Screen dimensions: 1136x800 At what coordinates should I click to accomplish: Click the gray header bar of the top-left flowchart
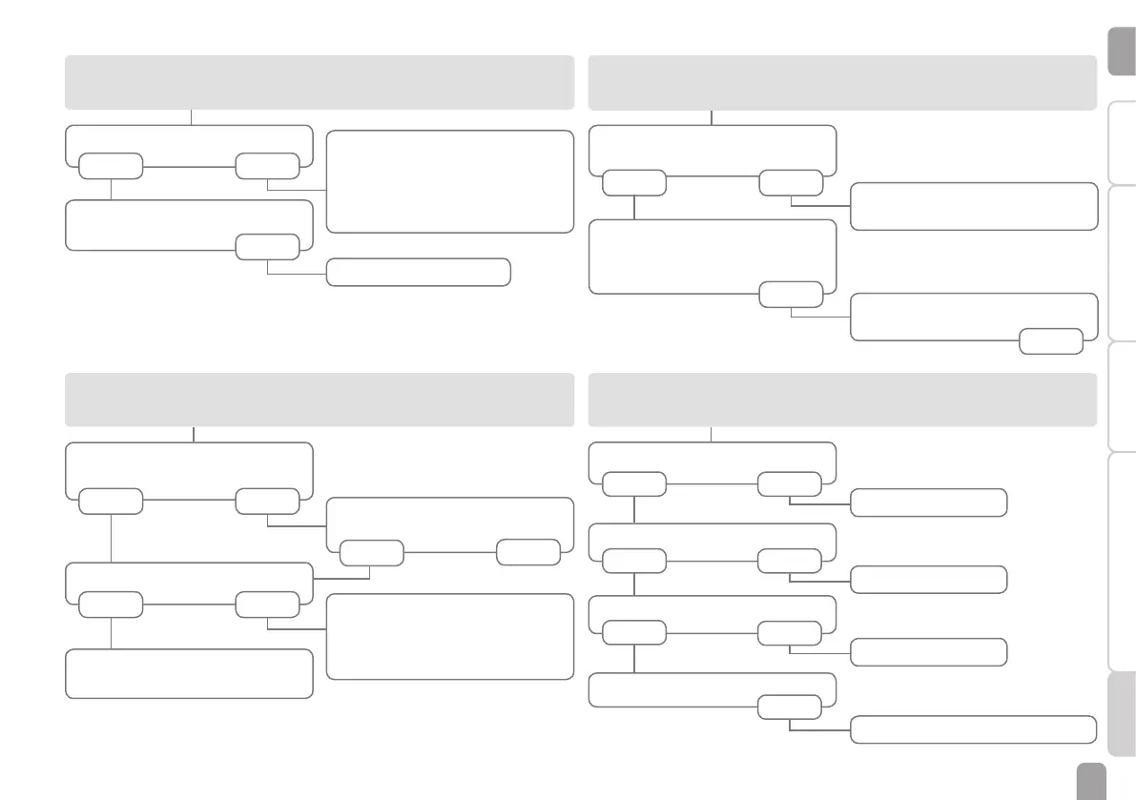click(320, 82)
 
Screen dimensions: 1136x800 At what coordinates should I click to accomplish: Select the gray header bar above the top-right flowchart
click(842, 82)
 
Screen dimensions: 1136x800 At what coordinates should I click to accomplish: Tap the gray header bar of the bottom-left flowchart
click(320, 400)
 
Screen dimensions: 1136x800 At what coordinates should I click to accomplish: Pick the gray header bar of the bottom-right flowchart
click(842, 400)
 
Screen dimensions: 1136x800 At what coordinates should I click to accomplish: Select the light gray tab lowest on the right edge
click(1122, 714)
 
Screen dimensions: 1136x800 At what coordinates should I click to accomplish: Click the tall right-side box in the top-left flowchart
click(449, 181)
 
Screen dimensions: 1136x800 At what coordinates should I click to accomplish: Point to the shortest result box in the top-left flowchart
click(418, 272)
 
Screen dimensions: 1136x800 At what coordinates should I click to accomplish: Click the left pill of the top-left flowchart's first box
click(111, 166)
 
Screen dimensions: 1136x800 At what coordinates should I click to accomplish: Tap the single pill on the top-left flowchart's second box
click(267, 247)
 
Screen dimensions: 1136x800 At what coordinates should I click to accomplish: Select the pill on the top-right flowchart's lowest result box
click(1050, 340)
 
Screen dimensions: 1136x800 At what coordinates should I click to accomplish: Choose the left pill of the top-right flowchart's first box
click(633, 183)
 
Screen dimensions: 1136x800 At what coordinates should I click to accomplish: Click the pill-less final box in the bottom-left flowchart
click(189, 673)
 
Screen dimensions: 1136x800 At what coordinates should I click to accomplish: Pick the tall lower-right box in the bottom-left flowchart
click(449, 636)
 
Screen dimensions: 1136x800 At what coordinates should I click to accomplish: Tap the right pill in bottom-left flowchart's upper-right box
click(528, 552)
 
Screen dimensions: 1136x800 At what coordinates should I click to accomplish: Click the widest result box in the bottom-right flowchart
click(972, 729)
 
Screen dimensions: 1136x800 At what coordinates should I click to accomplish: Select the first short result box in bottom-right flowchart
click(928, 502)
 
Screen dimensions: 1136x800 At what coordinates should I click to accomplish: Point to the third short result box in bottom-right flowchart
click(928, 652)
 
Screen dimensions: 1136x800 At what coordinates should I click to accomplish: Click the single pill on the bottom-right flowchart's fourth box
click(790, 707)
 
